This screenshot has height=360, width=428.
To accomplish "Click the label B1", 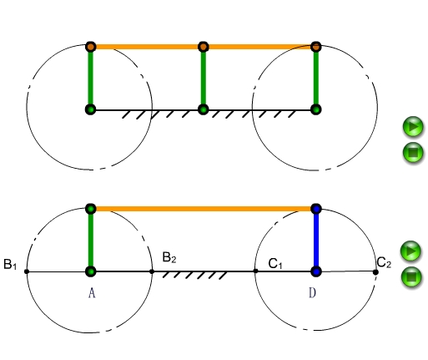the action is (x=10, y=264).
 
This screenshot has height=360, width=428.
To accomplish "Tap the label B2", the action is (x=169, y=257).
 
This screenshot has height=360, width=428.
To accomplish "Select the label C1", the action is (x=275, y=264).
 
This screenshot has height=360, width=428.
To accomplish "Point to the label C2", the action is (x=384, y=262).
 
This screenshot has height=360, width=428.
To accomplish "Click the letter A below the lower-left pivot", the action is (x=92, y=293).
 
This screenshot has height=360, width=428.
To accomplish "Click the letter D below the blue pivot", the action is (x=312, y=293).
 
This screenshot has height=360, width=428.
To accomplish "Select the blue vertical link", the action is (x=316, y=240).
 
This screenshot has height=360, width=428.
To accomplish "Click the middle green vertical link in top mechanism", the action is (x=204, y=79).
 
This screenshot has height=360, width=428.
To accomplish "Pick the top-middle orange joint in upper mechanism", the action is (x=204, y=47).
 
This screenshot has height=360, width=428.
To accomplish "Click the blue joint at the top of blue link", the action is (x=316, y=209).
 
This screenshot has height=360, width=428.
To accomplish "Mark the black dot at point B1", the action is (x=27, y=271).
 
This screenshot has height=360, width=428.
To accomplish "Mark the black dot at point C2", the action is (x=375, y=272).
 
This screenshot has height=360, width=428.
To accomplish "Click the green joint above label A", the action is (x=90, y=271).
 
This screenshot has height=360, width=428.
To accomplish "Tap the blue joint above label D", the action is (x=316, y=271).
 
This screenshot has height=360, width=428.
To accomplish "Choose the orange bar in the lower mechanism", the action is (x=204, y=209).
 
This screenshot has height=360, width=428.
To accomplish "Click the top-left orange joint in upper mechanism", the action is (x=91, y=47).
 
